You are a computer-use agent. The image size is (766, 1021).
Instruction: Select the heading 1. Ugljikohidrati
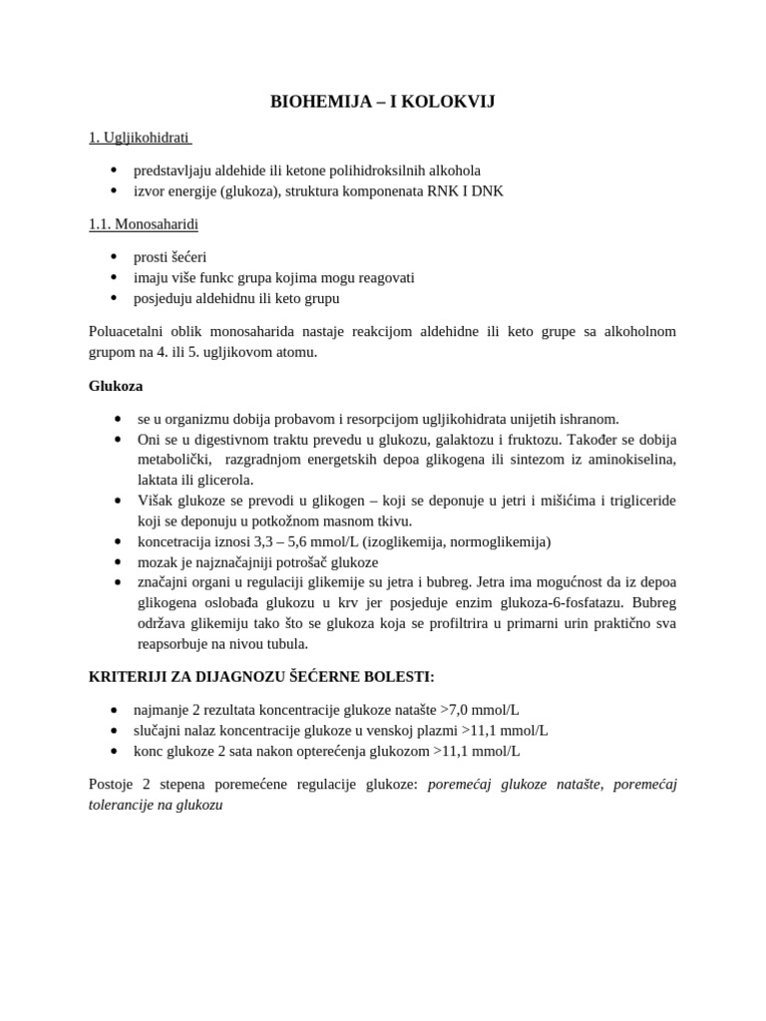[139, 137]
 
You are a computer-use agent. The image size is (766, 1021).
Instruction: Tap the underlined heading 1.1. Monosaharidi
[143, 224]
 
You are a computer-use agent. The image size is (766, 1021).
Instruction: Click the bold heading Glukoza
[116, 386]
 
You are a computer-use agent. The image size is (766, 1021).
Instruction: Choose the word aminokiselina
[629, 459]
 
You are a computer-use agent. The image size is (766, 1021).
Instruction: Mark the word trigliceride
[633, 501]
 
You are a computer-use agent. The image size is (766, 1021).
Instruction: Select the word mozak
[159, 561]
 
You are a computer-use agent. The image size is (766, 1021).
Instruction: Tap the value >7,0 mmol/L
[480, 710]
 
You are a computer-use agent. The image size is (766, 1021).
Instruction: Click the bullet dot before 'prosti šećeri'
[116, 257]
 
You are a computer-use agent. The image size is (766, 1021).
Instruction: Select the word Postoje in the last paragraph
[114, 784]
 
